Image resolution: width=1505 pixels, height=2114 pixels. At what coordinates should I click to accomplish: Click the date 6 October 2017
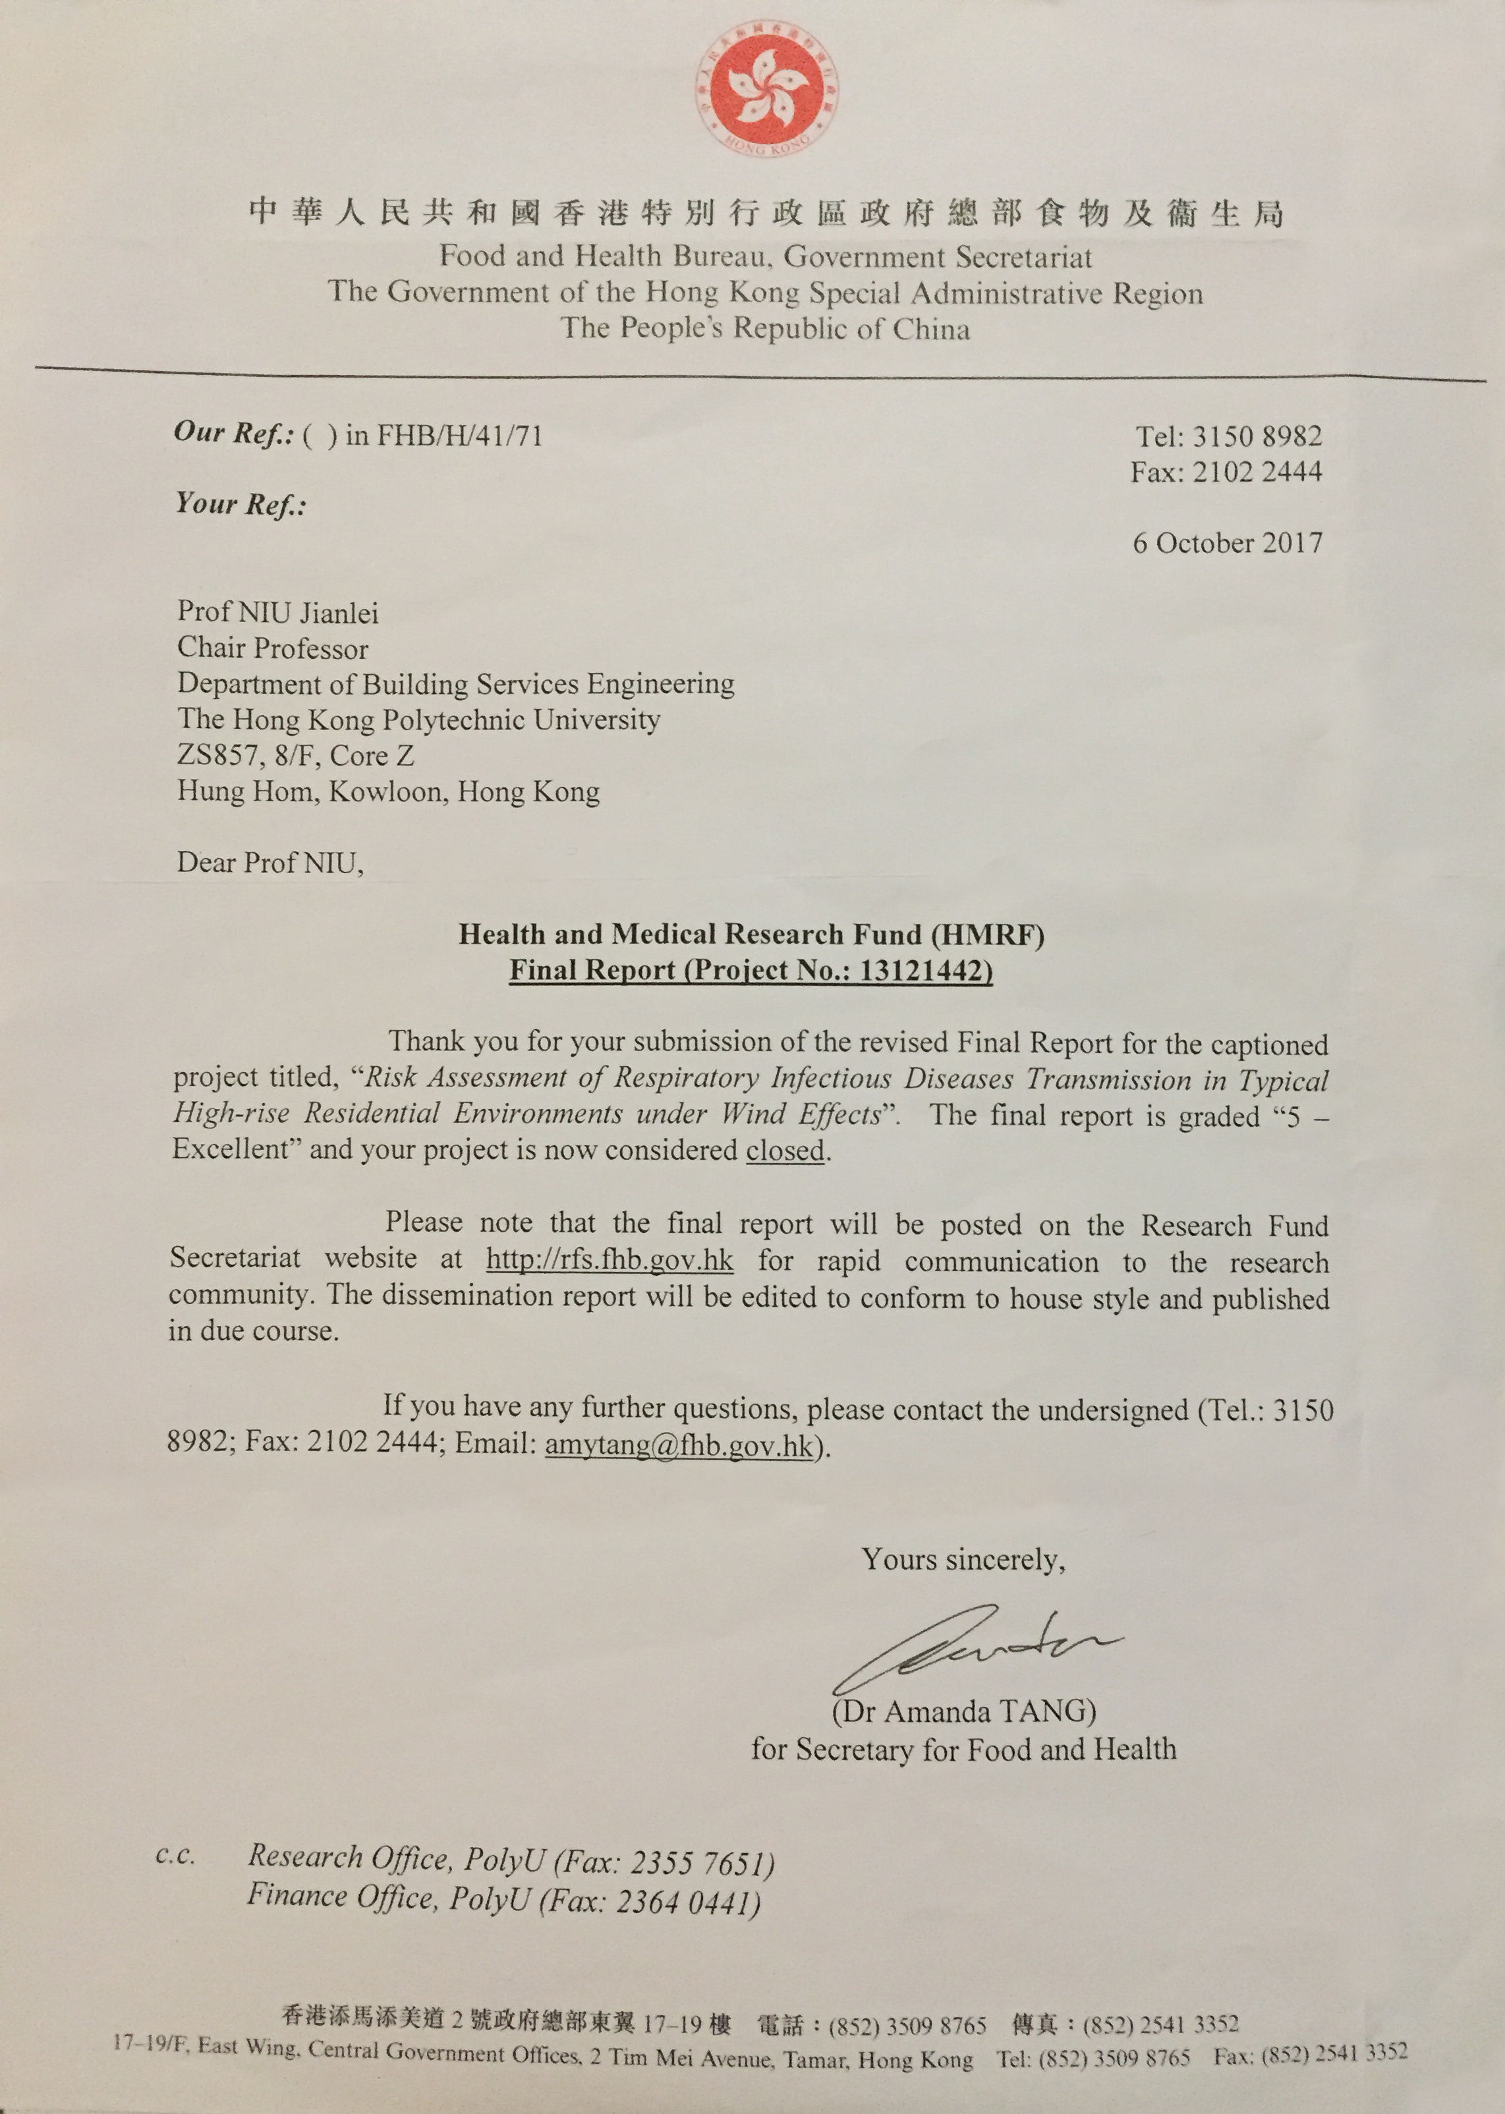(1227, 542)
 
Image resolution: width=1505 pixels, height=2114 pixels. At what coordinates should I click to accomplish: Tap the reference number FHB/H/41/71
(459, 435)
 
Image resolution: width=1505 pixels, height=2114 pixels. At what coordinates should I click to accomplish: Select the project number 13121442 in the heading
(924, 971)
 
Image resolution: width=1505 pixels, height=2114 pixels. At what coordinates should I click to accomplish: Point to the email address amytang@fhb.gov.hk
(678, 1446)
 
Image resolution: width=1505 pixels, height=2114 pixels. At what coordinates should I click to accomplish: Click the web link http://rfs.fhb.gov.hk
(610, 1261)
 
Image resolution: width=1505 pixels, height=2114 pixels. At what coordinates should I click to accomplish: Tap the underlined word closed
(785, 1150)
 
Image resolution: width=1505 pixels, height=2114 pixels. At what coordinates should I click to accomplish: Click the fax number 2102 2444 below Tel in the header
(1257, 472)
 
